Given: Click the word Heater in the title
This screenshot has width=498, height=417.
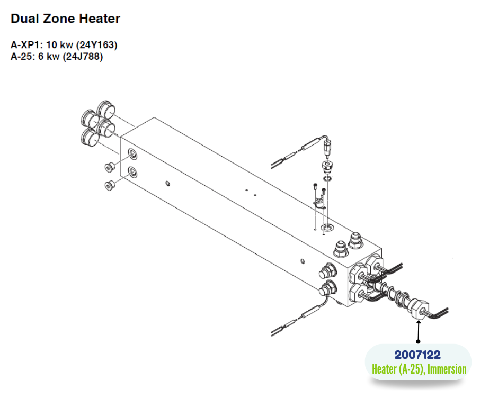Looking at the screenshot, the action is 100,19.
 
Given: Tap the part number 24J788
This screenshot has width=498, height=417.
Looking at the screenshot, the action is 83,57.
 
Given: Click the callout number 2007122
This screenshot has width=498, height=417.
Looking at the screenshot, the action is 417,355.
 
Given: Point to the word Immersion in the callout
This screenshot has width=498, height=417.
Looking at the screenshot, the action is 447,369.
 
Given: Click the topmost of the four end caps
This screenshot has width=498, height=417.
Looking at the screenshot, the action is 106,109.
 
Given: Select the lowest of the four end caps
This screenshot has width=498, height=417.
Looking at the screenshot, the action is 90,137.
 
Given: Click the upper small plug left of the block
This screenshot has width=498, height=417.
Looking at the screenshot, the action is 110,167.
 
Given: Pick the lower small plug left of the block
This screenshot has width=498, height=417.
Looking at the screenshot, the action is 110,185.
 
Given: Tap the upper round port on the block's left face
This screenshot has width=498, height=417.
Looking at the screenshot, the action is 132,153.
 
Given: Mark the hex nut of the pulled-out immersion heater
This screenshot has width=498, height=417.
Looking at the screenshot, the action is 418,310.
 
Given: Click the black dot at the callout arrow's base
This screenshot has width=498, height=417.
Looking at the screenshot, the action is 419,341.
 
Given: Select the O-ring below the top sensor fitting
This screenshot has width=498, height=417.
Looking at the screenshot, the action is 327,179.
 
